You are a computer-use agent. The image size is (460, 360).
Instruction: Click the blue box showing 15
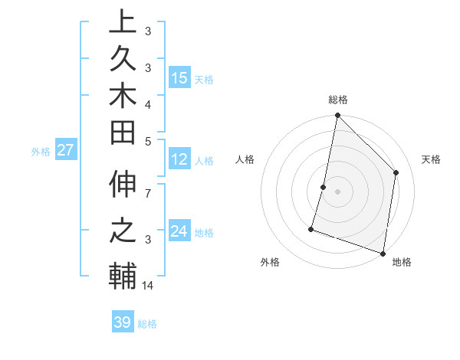pyautogui.click(x=179, y=77)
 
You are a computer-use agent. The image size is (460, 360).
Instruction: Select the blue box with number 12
pyautogui.click(x=179, y=159)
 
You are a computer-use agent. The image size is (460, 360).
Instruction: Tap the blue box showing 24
pyautogui.click(x=179, y=231)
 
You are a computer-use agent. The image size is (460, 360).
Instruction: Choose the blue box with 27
pyautogui.click(x=66, y=150)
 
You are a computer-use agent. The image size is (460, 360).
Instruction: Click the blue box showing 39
pyautogui.click(x=122, y=322)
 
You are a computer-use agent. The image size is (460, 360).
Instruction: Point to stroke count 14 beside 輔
pyautogui.click(x=148, y=286)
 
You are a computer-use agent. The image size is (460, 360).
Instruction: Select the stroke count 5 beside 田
pyautogui.click(x=147, y=140)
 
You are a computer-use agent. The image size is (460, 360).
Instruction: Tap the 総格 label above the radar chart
pyautogui.click(x=338, y=100)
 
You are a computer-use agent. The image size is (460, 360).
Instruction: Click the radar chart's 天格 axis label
pyautogui.click(x=431, y=159)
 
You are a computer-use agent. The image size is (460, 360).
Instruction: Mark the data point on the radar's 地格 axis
pyautogui.click(x=383, y=253)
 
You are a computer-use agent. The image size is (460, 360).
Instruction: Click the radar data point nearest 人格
pyautogui.click(x=324, y=187)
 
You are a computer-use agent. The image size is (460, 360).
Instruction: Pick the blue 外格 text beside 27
pyautogui.click(x=41, y=151)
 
